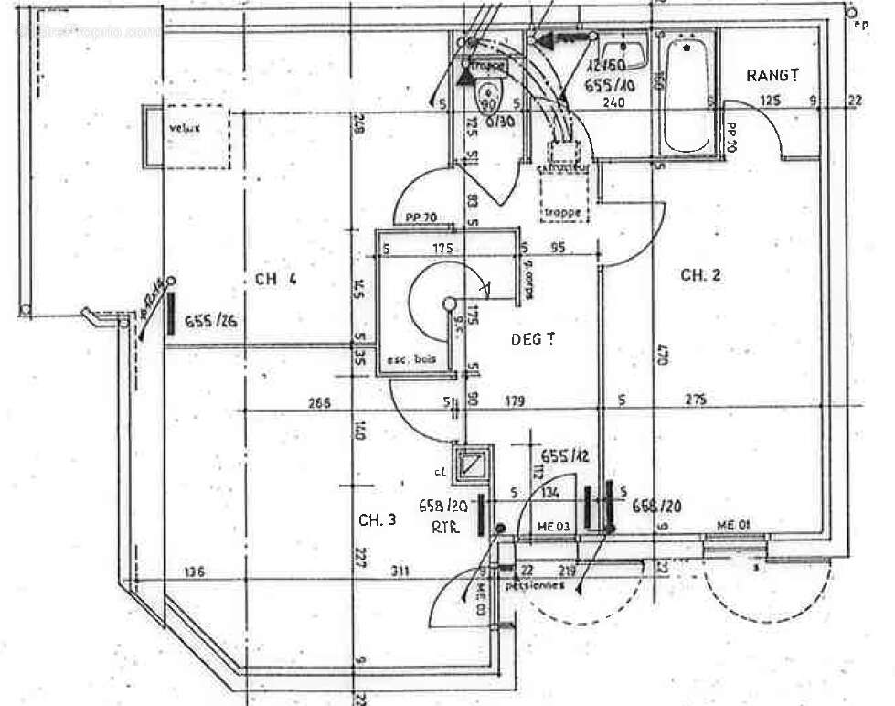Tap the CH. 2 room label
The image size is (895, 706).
click(x=700, y=274)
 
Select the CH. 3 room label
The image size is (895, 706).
click(x=377, y=519)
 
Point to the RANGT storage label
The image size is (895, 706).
click(x=772, y=75)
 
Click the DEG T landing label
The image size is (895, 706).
click(x=533, y=338)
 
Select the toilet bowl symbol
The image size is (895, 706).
click(x=489, y=94)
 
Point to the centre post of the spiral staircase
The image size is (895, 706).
click(x=448, y=304)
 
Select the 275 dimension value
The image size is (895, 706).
click(x=698, y=400)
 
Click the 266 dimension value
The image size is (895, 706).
click(x=319, y=402)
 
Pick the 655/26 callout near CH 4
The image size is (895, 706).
click(x=210, y=321)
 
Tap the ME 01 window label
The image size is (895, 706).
click(x=733, y=524)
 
